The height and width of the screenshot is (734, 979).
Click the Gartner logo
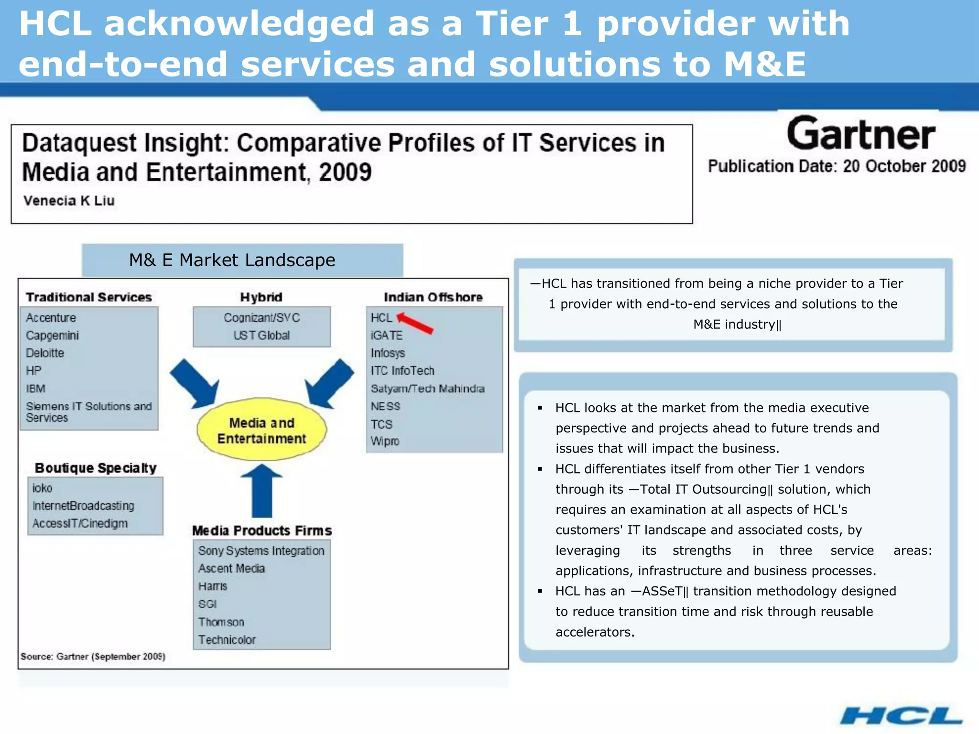pos(860,135)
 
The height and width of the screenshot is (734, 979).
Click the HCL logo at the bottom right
pos(901,716)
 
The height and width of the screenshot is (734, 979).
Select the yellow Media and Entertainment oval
pos(261,430)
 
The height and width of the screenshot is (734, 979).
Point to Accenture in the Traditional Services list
pos(51,318)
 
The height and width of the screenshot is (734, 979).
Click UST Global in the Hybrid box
pos(261,335)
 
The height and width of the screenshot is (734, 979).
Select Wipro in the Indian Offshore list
pos(385,441)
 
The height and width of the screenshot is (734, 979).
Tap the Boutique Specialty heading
pos(96,468)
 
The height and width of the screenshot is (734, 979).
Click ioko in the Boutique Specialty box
pos(43,488)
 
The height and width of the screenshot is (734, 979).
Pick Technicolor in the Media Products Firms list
pos(227,640)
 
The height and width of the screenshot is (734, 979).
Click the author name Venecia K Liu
pos(69,201)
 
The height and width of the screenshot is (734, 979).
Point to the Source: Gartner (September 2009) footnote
pos(93,657)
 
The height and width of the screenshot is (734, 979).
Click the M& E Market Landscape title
pos(232,260)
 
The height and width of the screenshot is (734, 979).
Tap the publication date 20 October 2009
pos(904,166)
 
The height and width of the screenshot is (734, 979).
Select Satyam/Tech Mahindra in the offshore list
pos(427,389)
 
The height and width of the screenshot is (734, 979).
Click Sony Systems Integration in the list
pos(261,551)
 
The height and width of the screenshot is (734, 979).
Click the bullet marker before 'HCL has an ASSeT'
pos(540,592)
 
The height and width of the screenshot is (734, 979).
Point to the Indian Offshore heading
pos(433,297)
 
